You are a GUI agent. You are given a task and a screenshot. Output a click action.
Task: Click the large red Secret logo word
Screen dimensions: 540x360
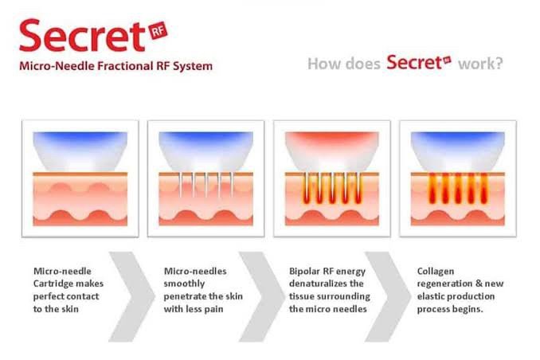[x=82, y=36]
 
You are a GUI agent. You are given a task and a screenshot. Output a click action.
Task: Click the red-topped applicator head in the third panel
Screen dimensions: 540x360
[x=332, y=151]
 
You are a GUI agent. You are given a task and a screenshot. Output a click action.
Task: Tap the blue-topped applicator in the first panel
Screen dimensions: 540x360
[x=80, y=151]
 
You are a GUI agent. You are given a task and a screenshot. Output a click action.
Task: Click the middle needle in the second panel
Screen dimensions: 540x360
[x=206, y=185]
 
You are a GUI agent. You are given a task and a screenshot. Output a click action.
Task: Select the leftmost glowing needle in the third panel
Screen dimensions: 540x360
[x=306, y=188]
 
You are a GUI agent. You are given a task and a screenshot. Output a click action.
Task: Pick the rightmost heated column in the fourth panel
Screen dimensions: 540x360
[x=484, y=188]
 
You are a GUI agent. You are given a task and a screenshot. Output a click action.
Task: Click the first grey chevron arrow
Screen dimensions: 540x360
[x=131, y=296]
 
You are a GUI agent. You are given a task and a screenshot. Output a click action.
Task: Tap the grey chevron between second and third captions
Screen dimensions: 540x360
[x=262, y=296]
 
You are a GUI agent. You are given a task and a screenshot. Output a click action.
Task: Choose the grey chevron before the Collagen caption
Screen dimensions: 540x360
[x=388, y=296]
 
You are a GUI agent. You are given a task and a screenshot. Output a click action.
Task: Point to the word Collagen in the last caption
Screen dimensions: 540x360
[x=436, y=272]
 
